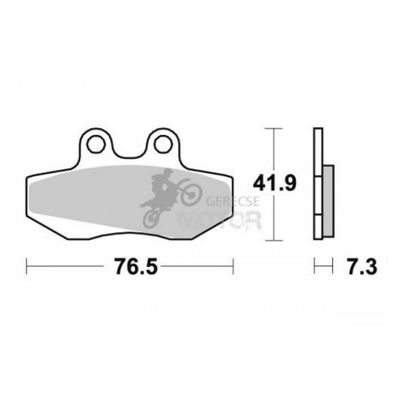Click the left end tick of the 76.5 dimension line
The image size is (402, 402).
[x=27, y=267]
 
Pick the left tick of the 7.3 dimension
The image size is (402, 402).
[x=314, y=267]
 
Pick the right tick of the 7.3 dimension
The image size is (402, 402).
[x=333, y=267]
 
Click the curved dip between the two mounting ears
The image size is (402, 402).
[x=129, y=153]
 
